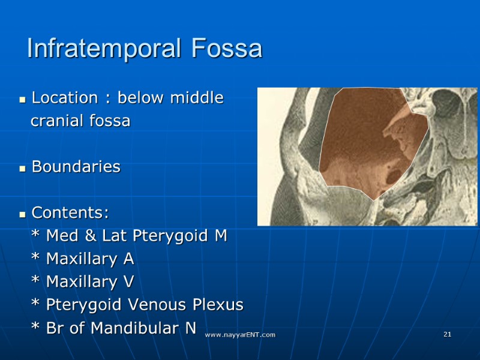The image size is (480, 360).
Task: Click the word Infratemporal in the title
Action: (x=105, y=49)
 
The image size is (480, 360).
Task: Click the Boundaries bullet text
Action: (x=76, y=167)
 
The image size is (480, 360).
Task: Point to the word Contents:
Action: (x=70, y=213)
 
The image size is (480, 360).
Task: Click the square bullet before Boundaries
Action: (x=22, y=169)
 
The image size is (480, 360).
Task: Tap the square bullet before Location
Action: (x=22, y=100)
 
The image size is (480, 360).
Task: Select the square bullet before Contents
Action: (x=22, y=215)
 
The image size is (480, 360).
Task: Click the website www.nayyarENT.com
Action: (x=240, y=334)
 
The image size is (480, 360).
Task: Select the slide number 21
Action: (x=447, y=334)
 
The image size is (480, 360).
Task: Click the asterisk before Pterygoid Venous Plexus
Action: (x=35, y=305)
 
